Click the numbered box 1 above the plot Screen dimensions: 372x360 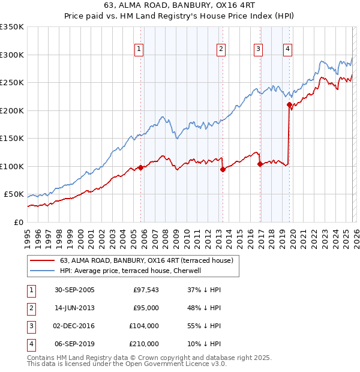[139, 49]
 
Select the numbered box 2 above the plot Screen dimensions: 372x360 [221, 49]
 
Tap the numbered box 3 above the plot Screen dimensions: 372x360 [258, 49]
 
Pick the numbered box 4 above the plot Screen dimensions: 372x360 [288, 49]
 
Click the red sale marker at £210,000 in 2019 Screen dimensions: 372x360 [289, 105]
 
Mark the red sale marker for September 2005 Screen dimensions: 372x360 [141, 167]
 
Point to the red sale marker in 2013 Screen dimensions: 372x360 [223, 169]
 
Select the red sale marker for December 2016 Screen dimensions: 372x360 [260, 164]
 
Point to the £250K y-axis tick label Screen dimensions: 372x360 [12, 83]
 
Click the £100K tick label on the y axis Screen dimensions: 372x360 [12, 166]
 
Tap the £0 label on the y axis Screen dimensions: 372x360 [18, 222]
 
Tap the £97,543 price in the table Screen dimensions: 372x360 [146, 290]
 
